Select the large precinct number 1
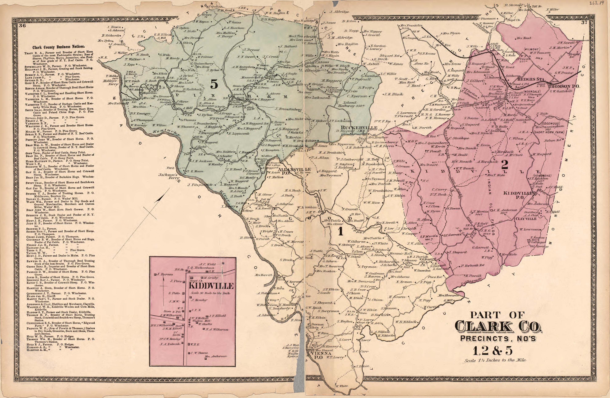tap(340, 231)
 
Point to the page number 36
tap(22, 25)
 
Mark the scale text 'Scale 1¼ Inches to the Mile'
tap(495, 360)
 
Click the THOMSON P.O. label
tap(564, 87)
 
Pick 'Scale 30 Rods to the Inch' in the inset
tap(210, 293)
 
